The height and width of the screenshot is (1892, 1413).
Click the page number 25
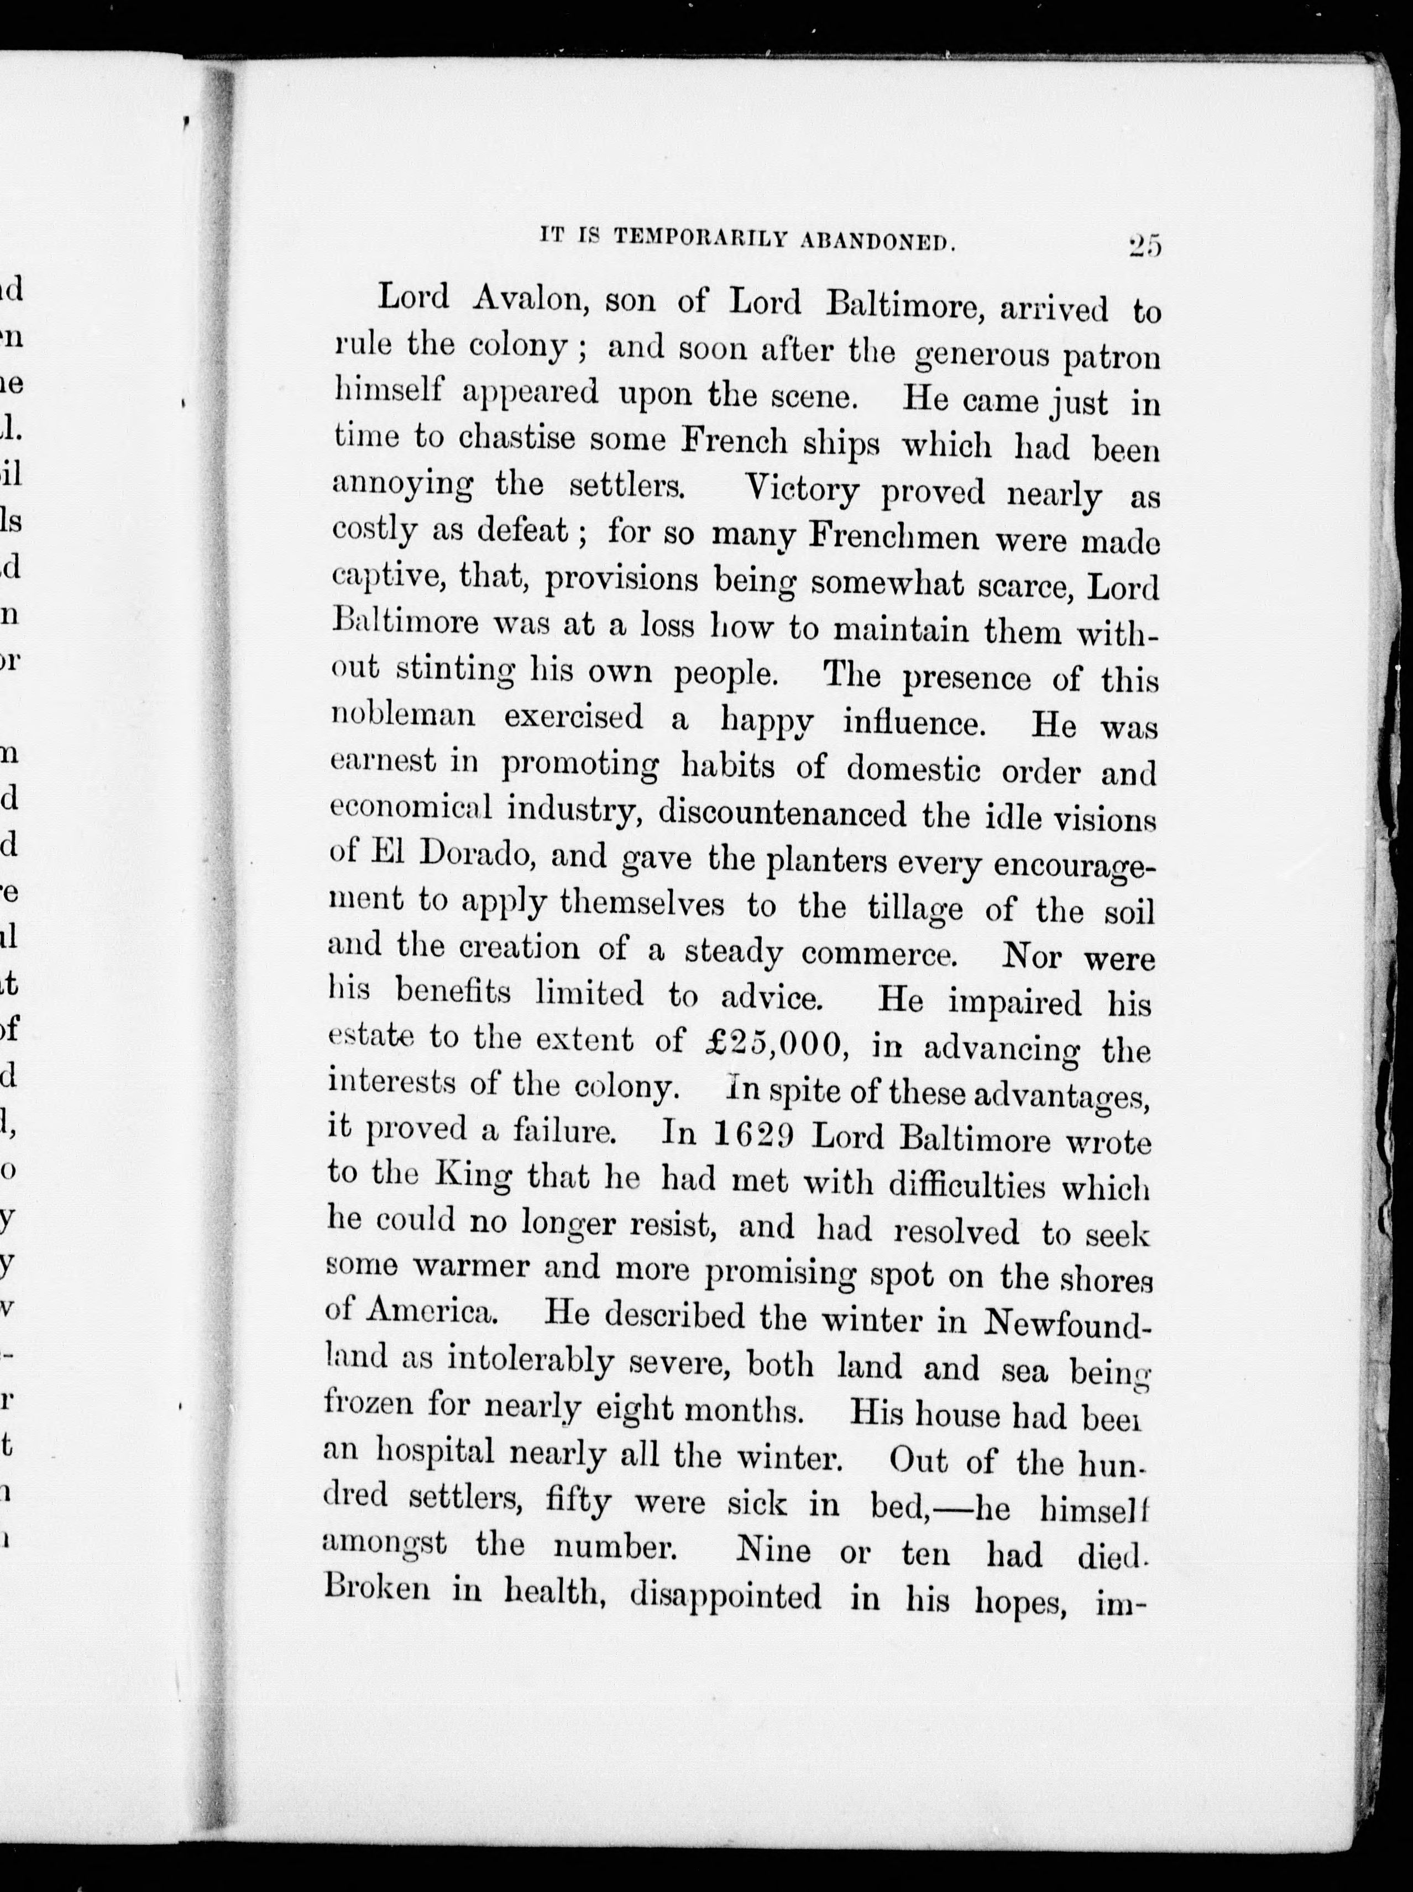click(x=1144, y=247)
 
